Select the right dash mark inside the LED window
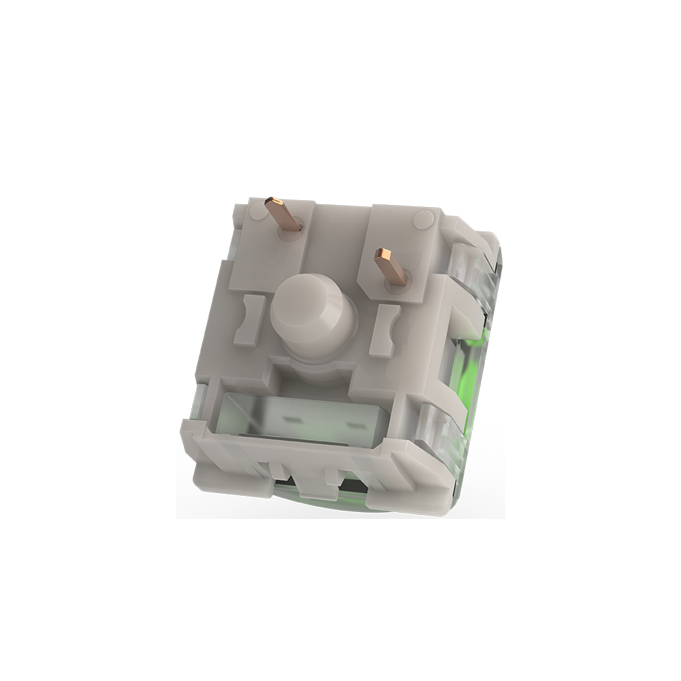coord(355,425)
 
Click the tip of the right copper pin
coord(382,256)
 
